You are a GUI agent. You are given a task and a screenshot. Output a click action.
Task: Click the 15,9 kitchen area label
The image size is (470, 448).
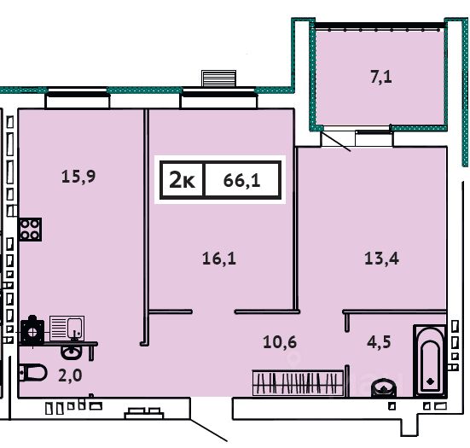(x=78, y=177)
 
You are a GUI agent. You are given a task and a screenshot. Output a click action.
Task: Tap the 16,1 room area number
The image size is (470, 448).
(x=219, y=259)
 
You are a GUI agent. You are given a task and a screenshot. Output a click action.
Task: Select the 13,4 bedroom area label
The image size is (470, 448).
(x=381, y=259)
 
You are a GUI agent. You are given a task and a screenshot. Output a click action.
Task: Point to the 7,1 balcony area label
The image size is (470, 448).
(x=381, y=77)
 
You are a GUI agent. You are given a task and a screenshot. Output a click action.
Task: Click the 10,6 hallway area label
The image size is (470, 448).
(x=280, y=342)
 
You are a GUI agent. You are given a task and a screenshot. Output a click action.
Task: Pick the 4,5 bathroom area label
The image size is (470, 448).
(x=379, y=342)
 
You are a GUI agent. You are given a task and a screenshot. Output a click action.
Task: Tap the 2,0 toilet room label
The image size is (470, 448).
(x=70, y=375)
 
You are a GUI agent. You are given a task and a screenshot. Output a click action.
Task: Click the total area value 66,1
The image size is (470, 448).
(x=242, y=181)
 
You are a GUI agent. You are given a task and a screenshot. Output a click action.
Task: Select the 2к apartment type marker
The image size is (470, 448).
(x=182, y=180)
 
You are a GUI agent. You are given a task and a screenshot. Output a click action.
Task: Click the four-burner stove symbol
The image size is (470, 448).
(x=30, y=230)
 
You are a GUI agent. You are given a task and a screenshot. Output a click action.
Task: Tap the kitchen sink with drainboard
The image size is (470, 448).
(x=67, y=328)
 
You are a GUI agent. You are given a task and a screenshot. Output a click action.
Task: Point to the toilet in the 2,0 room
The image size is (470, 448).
(x=32, y=373)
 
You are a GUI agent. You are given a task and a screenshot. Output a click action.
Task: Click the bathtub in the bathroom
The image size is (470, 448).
(x=430, y=361)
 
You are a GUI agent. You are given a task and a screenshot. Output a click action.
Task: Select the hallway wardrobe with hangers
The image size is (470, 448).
(x=298, y=383)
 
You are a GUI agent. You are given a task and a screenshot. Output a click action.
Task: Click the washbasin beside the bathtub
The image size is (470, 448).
(x=384, y=388)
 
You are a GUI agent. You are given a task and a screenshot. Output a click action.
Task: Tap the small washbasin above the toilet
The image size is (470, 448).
(x=71, y=352)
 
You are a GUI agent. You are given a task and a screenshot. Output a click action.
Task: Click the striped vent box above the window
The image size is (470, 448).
(x=219, y=79)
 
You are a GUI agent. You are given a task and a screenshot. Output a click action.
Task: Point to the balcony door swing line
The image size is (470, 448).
(x=336, y=141)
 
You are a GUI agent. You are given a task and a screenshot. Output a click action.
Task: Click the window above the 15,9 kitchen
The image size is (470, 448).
(x=78, y=97)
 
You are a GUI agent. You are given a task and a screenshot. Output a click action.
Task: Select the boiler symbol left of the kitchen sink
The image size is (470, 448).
(x=32, y=330)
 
